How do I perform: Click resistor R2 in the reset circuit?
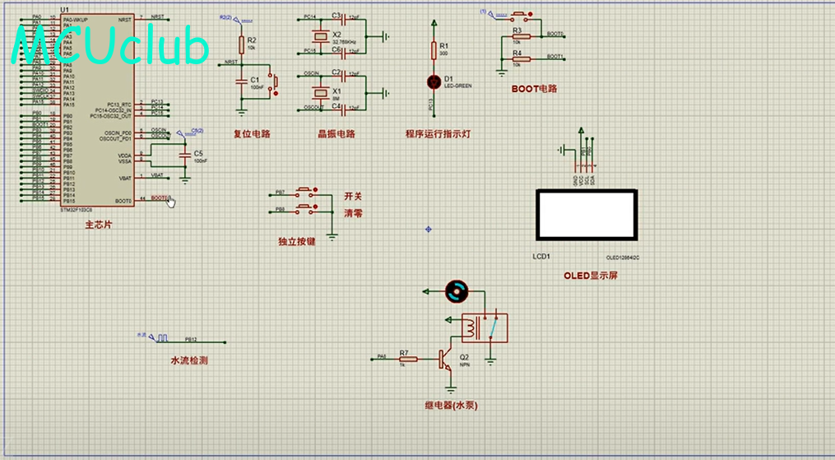click(x=241, y=44)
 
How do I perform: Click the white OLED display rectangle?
click(x=586, y=214)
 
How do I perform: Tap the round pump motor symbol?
click(x=455, y=290)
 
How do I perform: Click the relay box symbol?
click(x=484, y=328)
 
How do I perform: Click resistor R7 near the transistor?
click(x=407, y=359)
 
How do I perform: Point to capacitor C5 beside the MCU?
click(x=186, y=156)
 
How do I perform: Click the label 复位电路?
click(x=252, y=134)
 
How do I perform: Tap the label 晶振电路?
click(x=336, y=134)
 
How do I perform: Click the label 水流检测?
click(x=188, y=360)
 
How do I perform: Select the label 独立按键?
click(x=297, y=242)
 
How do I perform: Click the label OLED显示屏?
click(x=590, y=276)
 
